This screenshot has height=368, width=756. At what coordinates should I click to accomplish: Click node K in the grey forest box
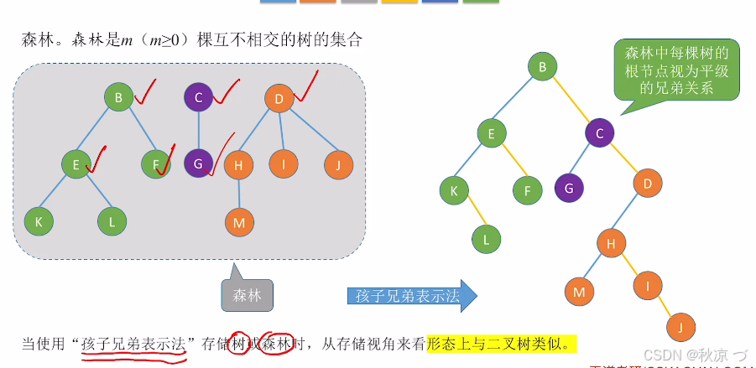pyautogui.click(x=39, y=221)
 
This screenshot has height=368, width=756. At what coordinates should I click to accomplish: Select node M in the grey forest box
pyautogui.click(x=238, y=222)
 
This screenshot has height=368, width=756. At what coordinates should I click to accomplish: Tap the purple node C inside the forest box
pyautogui.click(x=198, y=98)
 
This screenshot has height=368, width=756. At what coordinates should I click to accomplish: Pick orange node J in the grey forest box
pyautogui.click(x=338, y=164)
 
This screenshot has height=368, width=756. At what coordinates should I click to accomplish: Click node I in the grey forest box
pyautogui.click(x=284, y=164)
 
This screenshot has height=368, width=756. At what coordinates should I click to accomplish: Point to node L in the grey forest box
pyautogui.click(x=111, y=221)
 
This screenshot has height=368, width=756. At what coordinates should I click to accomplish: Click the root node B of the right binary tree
pyautogui.click(x=543, y=67)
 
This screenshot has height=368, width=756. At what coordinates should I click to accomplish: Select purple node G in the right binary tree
pyautogui.click(x=568, y=189)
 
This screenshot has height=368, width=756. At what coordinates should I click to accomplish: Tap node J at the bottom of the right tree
pyautogui.click(x=680, y=326)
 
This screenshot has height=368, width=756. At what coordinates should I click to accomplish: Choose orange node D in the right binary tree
pyautogui.click(x=647, y=182)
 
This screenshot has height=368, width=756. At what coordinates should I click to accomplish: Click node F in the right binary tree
pyautogui.click(x=527, y=190)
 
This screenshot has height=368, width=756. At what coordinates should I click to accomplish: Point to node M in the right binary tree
pyautogui.click(x=578, y=292)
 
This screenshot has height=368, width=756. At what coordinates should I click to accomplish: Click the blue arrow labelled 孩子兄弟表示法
pyautogui.click(x=411, y=295)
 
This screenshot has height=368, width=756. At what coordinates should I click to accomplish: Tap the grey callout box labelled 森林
pyautogui.click(x=247, y=294)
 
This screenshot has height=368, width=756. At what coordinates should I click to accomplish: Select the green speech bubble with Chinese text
pyautogui.click(x=676, y=70)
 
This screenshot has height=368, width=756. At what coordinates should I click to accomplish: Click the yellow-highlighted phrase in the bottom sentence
pyautogui.click(x=502, y=343)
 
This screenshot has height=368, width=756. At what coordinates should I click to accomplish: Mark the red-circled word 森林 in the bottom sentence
pyautogui.click(x=276, y=343)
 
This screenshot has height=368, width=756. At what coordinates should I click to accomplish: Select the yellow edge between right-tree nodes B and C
pyautogui.click(x=571, y=99)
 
